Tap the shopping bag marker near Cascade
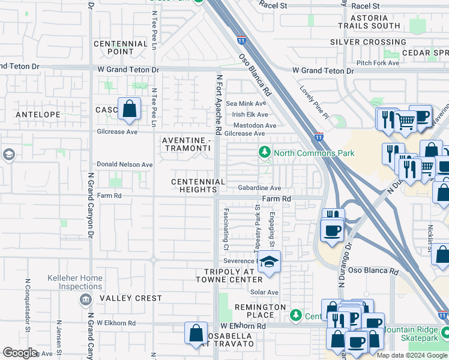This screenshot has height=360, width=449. (129, 109)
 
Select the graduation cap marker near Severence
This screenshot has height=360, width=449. (269, 262)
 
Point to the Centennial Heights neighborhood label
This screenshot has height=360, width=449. (198, 185)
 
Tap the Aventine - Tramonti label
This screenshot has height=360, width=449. (187, 144)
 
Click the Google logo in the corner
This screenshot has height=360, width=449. (20, 353)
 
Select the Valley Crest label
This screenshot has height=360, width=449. (131, 298)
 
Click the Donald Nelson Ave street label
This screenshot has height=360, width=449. (125, 164)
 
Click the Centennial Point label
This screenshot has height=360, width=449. (121, 48)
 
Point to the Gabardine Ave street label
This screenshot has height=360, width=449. (259, 188)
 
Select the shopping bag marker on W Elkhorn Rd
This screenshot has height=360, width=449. (196, 334)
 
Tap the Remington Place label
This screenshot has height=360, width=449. (260, 311)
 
